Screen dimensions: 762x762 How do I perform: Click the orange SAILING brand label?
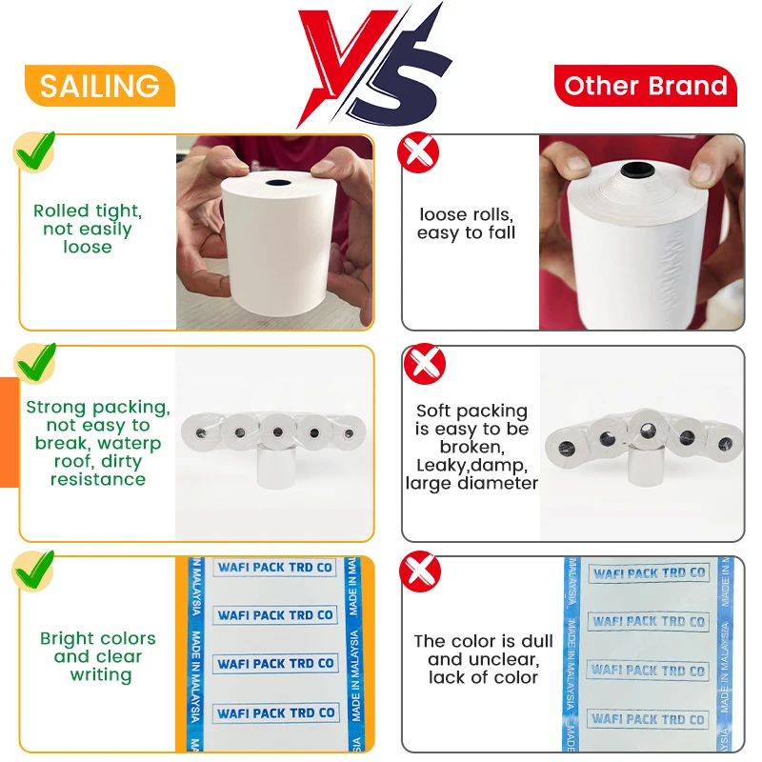point(100,86)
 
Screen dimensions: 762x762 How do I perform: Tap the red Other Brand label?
point(646,87)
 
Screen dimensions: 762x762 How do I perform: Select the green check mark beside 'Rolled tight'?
point(34,151)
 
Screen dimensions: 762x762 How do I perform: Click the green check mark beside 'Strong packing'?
point(34,363)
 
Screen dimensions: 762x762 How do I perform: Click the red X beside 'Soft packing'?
point(424,363)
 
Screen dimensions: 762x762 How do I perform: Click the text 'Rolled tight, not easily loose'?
point(88,230)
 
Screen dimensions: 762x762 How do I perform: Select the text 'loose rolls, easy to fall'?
point(467,224)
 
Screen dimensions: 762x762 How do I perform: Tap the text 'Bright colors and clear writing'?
point(98,656)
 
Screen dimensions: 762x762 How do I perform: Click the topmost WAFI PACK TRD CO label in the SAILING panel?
point(275,568)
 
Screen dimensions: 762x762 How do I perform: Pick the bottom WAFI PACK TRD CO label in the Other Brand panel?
point(648,719)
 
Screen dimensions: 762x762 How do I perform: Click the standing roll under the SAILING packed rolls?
point(277,469)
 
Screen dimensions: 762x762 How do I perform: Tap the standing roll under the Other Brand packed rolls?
point(646,469)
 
